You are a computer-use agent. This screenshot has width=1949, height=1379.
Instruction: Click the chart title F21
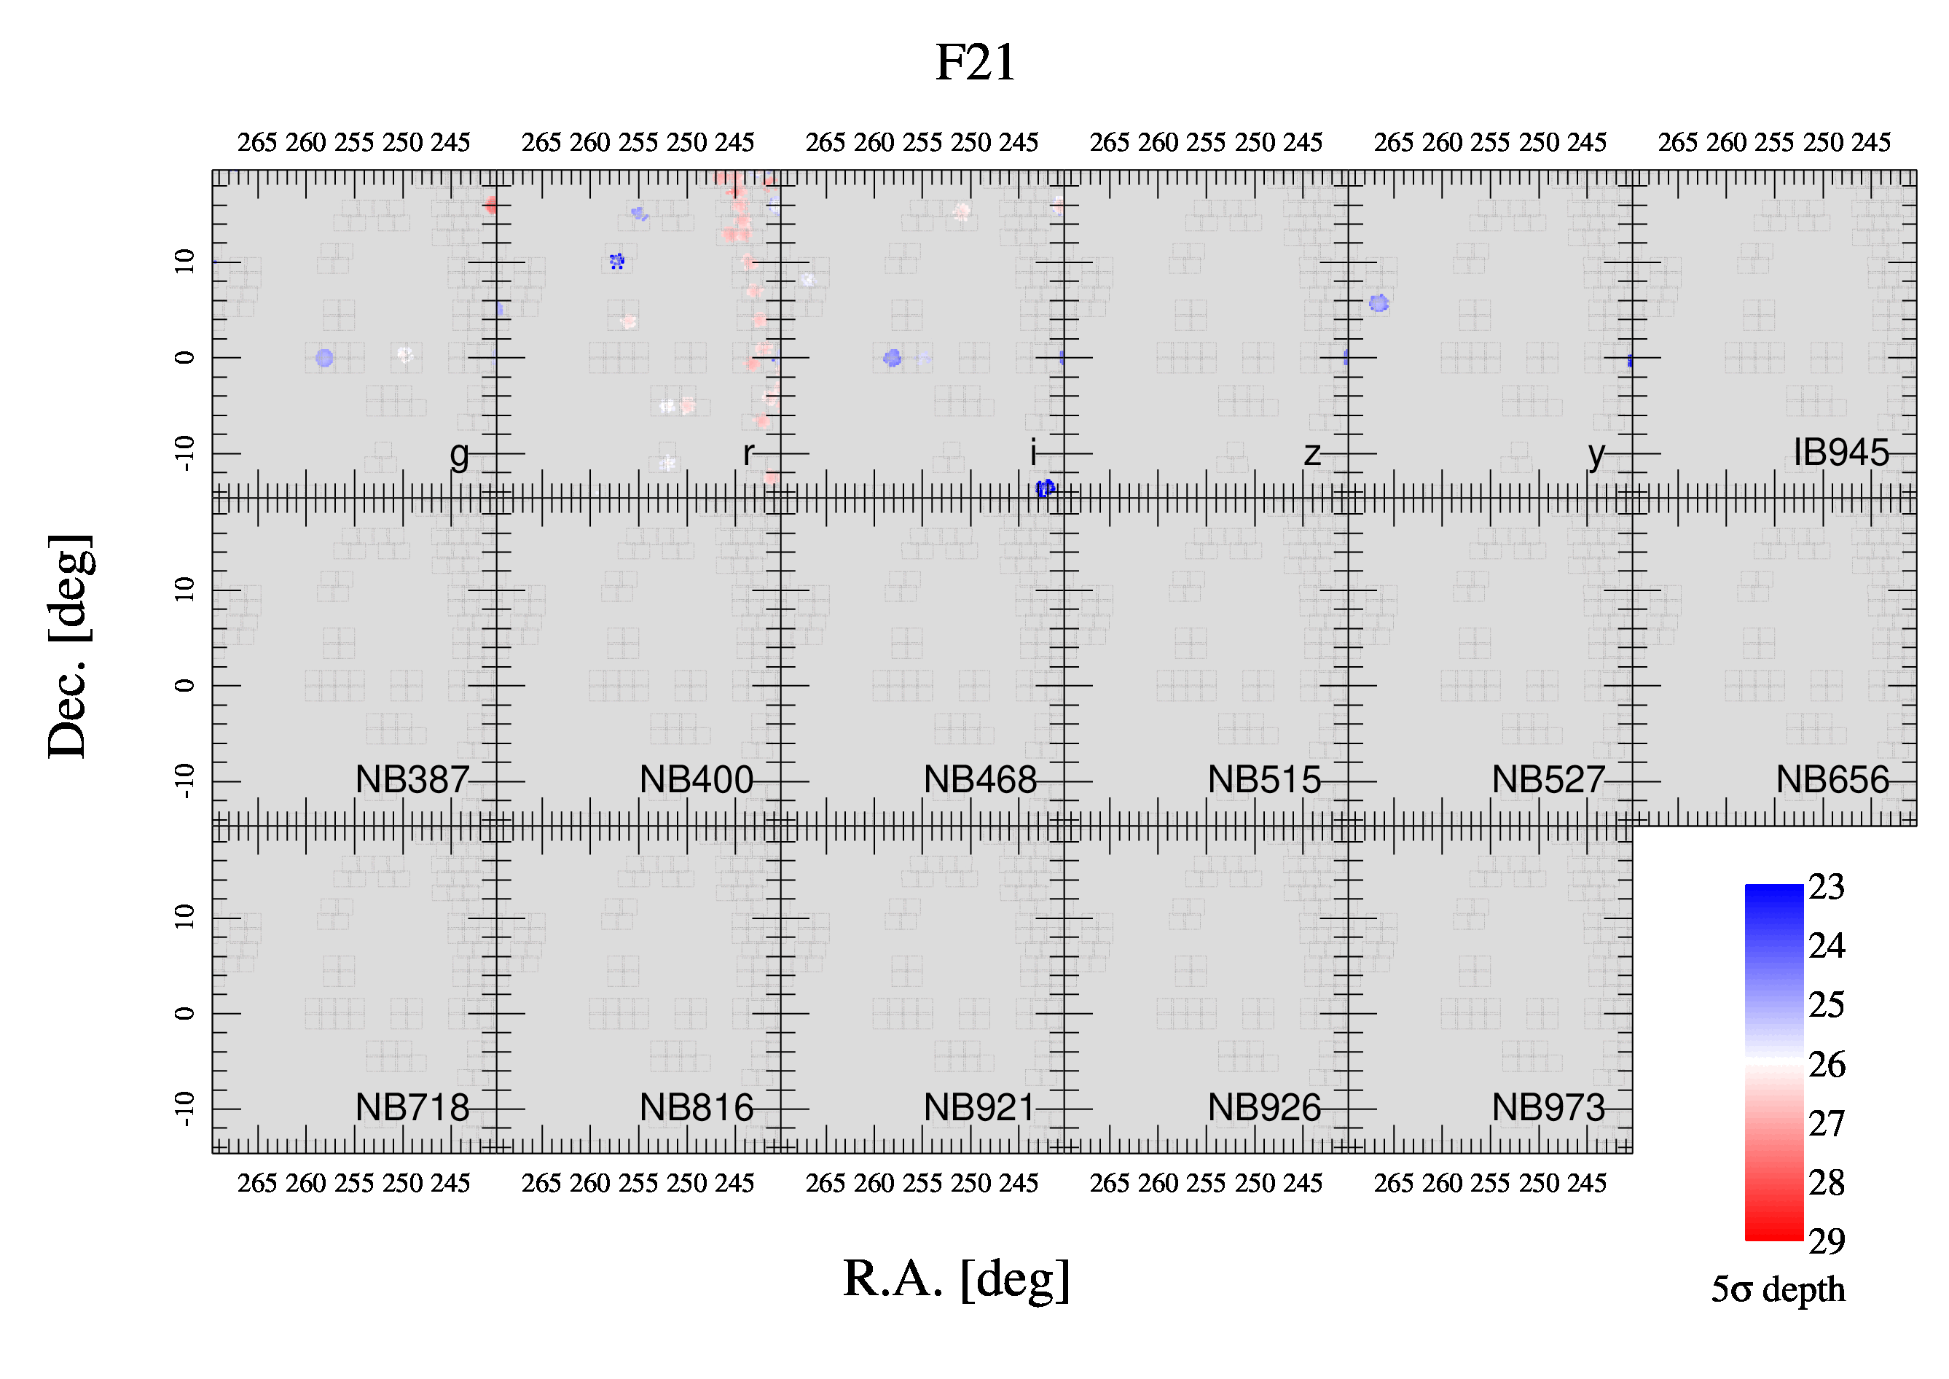976,62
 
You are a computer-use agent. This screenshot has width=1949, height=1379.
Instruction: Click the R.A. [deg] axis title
957,1281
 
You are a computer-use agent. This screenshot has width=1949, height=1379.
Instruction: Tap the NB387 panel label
412,779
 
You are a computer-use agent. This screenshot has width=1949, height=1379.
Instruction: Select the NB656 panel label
1832,779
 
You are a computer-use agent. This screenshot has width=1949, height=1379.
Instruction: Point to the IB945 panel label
1841,453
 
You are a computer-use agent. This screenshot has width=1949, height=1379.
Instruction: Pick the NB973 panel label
1548,1107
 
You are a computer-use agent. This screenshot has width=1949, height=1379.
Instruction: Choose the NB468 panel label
981,779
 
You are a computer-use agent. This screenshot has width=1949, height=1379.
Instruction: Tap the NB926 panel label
1265,1107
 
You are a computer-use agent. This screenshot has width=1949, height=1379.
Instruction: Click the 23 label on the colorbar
1826,886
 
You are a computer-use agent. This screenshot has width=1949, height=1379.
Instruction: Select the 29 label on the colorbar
1826,1241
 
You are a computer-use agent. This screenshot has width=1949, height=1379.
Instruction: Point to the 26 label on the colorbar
1826,1064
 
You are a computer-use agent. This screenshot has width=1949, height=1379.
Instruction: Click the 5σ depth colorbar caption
1778,1289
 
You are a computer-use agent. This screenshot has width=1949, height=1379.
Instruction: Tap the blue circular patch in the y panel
1379,303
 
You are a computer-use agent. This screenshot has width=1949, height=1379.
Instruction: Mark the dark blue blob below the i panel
1045,488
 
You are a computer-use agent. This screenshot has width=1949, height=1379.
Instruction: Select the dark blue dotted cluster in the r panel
617,262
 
